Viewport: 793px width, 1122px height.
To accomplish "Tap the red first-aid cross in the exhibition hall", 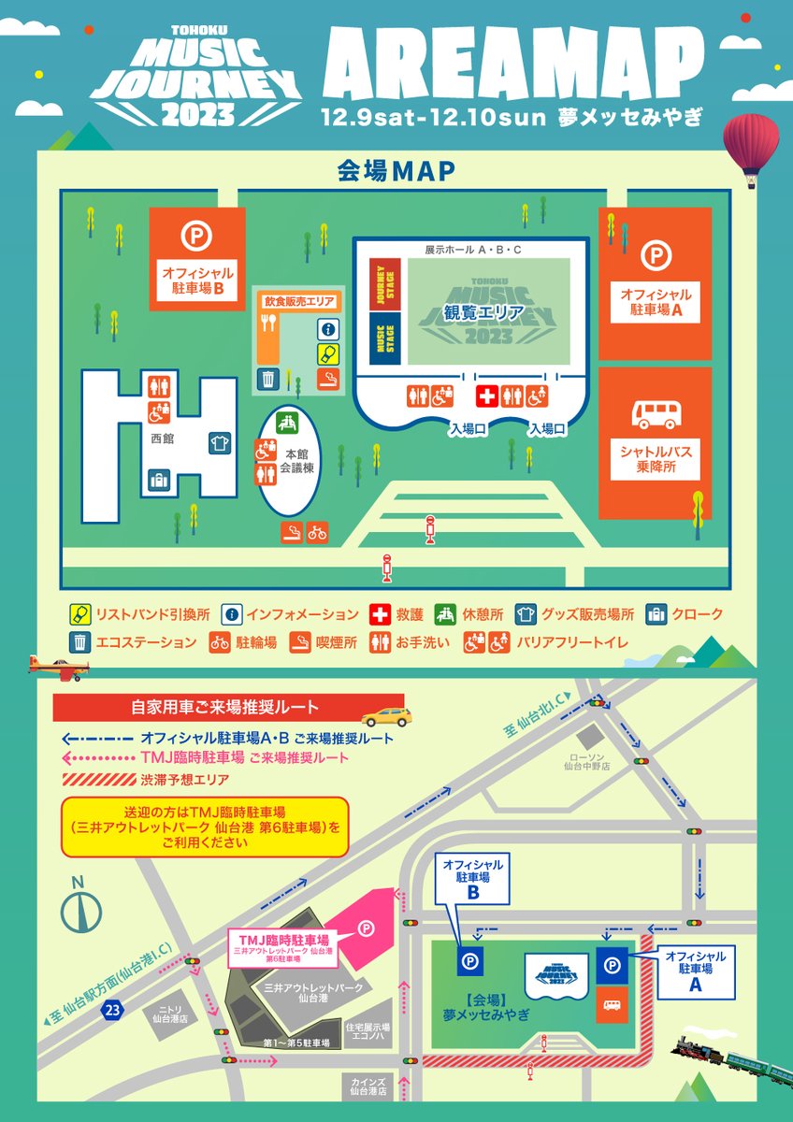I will (487, 396).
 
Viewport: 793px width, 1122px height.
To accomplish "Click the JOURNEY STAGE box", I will (379, 283).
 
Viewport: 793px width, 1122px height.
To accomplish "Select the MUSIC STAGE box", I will (379, 337).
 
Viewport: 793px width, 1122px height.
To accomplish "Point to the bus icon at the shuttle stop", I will (656, 414).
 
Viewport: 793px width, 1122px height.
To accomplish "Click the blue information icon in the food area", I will (327, 329).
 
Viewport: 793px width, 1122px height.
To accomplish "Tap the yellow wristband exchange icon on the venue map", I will (327, 353).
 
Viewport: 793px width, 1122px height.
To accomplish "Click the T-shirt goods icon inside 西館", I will (221, 442).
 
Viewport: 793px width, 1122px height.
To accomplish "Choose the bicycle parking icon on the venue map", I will (318, 533).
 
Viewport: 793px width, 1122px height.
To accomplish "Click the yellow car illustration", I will (385, 718).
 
